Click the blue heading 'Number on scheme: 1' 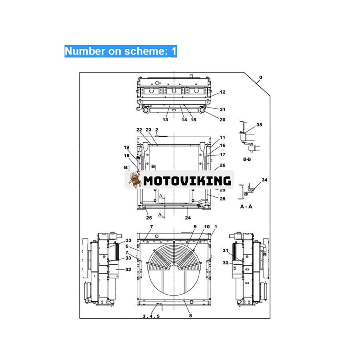click(x=120, y=51)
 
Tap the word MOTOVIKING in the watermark click(x=187, y=180)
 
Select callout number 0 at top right click(x=261, y=77)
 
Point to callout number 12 click(x=222, y=92)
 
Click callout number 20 click(x=222, y=120)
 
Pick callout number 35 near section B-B click(x=259, y=125)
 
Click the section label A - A click(x=246, y=207)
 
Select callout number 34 click(x=264, y=180)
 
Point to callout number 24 click(x=188, y=218)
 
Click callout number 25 click(x=149, y=218)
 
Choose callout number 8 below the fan click(x=190, y=316)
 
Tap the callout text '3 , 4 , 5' click(x=151, y=316)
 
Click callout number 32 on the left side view click(x=128, y=270)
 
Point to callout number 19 click(x=126, y=147)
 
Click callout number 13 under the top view click(x=165, y=120)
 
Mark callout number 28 click(x=222, y=199)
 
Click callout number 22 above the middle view click(x=139, y=130)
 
